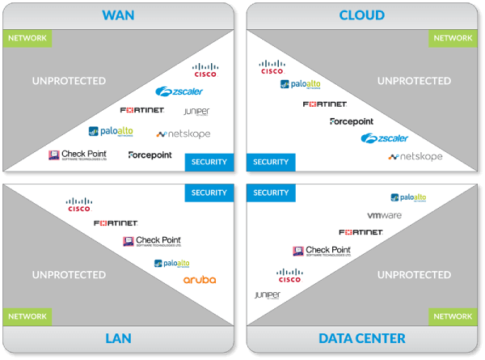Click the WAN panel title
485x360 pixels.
coord(118,15)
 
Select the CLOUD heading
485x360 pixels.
coord(361,15)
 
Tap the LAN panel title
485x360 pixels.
coord(118,338)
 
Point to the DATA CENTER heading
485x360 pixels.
coord(361,338)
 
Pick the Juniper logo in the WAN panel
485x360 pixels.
coord(196,112)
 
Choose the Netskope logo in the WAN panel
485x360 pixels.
coord(183,133)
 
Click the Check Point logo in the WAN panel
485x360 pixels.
coord(77,155)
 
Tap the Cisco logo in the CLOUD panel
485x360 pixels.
coord(272,67)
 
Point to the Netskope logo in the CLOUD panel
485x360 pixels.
coord(415,156)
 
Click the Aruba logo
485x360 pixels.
coord(199,280)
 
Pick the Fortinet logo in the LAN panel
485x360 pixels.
coord(116,222)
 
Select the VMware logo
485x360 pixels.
coord(384,216)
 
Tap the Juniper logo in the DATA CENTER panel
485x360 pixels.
coord(267,295)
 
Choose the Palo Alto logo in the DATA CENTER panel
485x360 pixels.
coord(408,197)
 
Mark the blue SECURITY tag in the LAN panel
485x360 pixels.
coord(209,193)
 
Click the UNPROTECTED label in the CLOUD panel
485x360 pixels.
coord(415,81)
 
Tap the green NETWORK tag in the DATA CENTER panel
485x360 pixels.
coord(453,316)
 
